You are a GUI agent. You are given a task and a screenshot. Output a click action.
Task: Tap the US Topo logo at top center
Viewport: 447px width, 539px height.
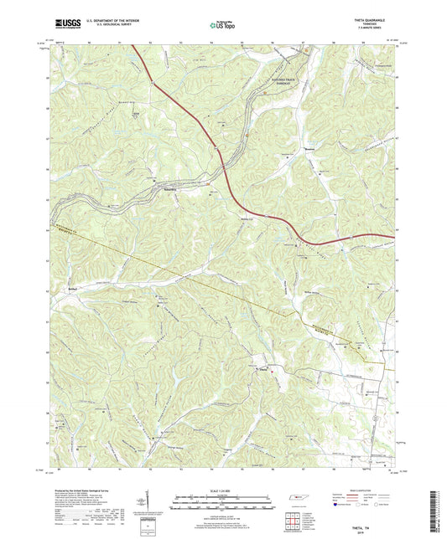pos(223,26)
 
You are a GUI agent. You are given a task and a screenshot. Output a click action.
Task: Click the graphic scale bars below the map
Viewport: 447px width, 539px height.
pos(223,502)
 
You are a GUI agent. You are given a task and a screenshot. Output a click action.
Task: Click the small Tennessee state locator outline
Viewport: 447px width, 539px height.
pos(299,500)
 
